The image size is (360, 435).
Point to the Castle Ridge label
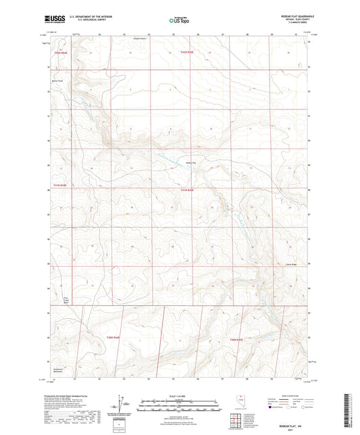(291, 264)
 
